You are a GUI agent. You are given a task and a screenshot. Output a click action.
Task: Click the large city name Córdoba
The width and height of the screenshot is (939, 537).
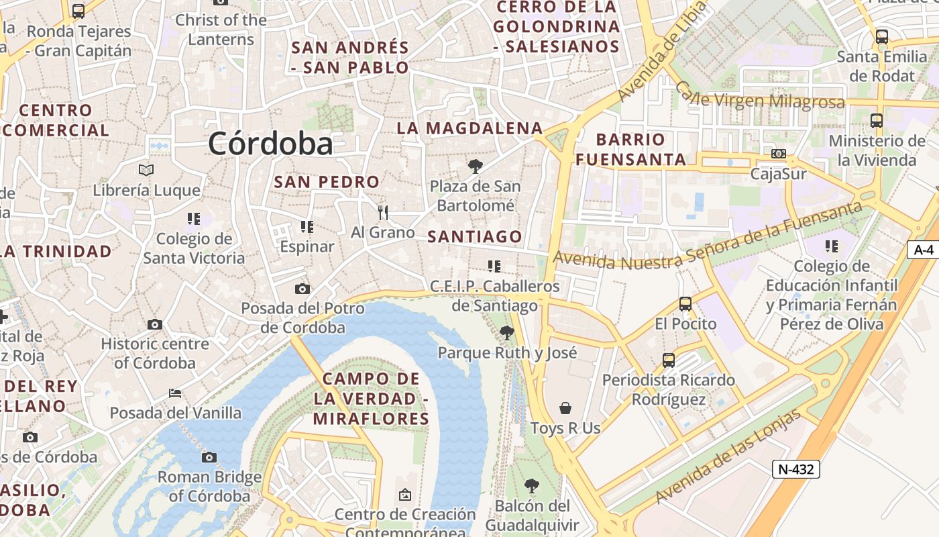(270, 144)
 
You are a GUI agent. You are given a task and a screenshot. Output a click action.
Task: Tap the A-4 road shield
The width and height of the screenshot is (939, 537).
(924, 250)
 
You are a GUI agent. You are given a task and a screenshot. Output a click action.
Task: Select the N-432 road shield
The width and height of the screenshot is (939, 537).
(796, 469)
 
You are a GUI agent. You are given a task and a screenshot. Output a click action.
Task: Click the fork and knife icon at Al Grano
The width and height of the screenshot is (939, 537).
(383, 213)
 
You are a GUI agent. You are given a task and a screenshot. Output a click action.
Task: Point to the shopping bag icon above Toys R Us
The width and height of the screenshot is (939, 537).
(565, 408)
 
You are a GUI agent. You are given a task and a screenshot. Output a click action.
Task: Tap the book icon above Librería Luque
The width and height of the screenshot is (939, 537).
(146, 170)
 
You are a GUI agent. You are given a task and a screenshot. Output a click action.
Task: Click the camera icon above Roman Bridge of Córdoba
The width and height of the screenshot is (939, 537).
(209, 458)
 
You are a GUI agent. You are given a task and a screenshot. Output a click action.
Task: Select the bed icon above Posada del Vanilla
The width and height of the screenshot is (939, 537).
(175, 393)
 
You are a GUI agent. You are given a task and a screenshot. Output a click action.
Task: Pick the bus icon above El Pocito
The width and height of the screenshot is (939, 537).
(685, 304)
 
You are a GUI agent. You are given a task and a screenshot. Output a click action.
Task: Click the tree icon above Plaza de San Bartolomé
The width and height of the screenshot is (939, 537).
(476, 166)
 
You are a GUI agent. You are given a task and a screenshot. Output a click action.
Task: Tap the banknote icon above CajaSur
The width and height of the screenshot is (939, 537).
(779, 154)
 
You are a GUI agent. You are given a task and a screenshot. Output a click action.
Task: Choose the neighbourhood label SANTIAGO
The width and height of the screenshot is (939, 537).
(475, 236)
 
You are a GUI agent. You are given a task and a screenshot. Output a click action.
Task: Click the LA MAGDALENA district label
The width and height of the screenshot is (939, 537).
(469, 128)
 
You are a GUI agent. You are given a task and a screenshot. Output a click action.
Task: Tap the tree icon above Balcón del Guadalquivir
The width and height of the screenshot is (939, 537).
(532, 485)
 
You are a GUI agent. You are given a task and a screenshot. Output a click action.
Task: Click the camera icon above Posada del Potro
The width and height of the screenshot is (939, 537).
(302, 289)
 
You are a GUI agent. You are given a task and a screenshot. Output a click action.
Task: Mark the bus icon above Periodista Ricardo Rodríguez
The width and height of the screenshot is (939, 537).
(669, 360)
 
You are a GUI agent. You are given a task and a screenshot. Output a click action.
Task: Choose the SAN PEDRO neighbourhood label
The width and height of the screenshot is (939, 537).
(327, 182)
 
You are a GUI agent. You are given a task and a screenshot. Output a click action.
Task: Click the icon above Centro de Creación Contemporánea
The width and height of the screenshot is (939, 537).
(405, 495)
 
